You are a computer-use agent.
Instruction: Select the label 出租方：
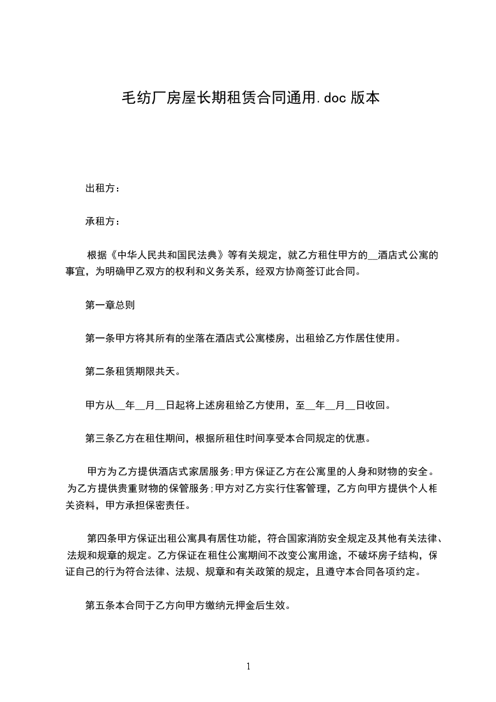(x=103, y=188)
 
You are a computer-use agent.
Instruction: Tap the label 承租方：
(x=103, y=221)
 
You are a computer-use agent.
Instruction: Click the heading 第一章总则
(x=109, y=305)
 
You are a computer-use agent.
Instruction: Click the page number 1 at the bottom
(x=248, y=666)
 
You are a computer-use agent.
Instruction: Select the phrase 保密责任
(x=166, y=505)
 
